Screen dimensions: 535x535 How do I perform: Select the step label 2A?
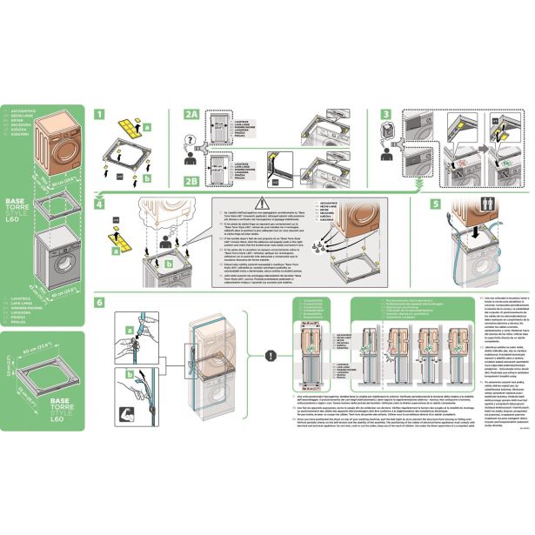tap(191, 114)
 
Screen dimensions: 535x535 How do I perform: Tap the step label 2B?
tap(191, 181)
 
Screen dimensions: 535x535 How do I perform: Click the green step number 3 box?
tap(385, 114)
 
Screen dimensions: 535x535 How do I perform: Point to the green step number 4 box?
tap(100, 204)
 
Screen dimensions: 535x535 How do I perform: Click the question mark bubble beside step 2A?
tap(192, 138)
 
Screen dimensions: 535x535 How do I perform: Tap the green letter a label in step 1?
tap(147, 127)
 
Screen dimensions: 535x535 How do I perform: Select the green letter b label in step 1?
tap(147, 178)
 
